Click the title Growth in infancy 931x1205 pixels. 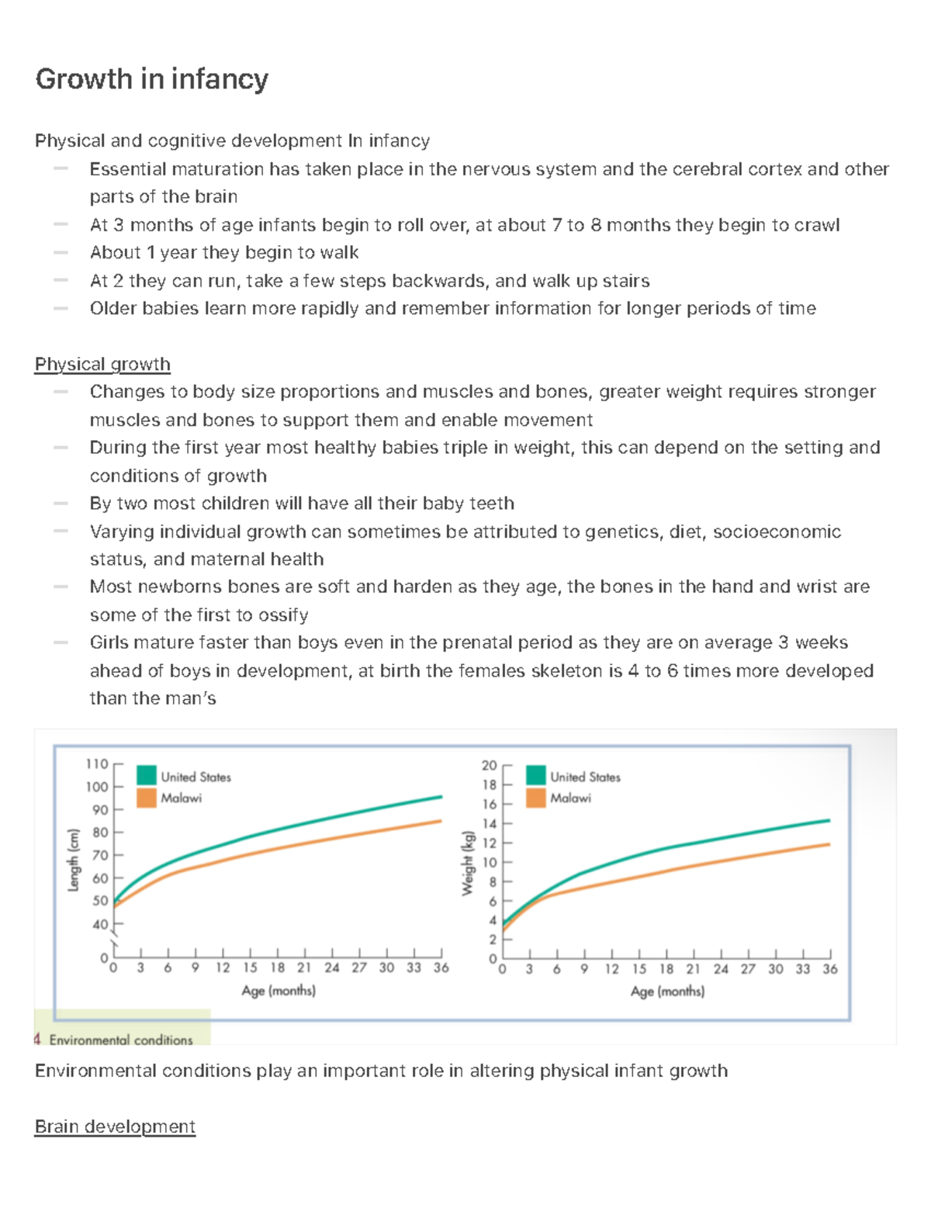click(152, 79)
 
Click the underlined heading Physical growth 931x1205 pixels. click(102, 364)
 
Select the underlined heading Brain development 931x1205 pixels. click(115, 1127)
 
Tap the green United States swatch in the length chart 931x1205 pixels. click(147, 775)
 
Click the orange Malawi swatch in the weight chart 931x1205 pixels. click(536, 798)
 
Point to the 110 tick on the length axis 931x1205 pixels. click(97, 764)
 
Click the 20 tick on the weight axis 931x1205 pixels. click(489, 765)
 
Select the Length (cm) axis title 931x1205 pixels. click(74, 860)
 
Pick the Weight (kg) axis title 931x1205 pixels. click(467, 864)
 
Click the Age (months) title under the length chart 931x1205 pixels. click(279, 991)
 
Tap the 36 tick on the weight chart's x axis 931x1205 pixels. click(830, 969)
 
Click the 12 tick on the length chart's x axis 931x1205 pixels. click(223, 968)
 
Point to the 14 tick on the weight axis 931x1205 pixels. click(489, 824)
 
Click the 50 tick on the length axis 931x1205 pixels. click(100, 901)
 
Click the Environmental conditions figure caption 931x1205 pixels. click(121, 1040)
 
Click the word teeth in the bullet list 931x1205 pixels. click(491, 504)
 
